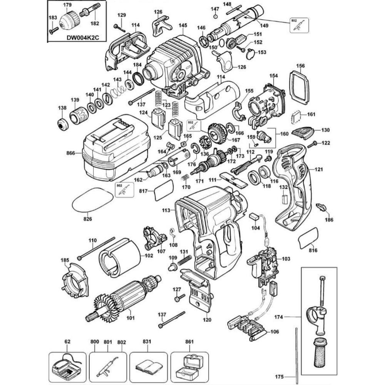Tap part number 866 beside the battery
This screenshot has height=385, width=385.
pos(70,153)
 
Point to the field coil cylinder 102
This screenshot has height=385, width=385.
pos(115,256)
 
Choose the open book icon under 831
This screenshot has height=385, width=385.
pos(147,365)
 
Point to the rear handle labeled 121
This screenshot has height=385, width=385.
pos(295,181)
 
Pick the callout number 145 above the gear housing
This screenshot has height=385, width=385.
pos(183,25)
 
